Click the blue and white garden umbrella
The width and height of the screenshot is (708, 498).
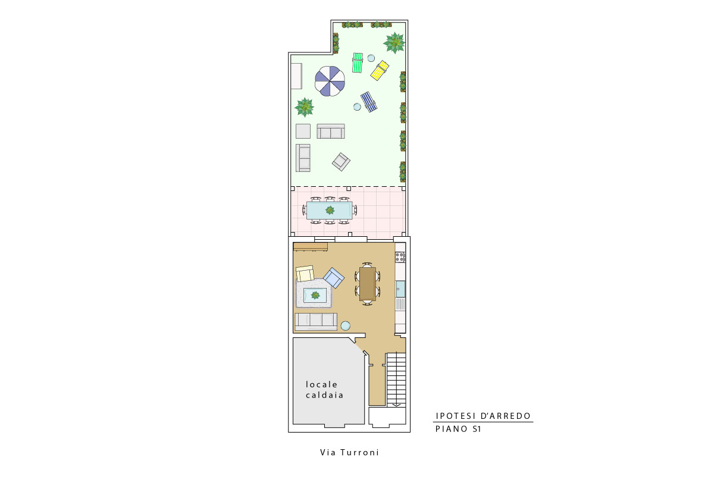tap(330, 82)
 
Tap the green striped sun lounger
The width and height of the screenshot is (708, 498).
tap(358, 62)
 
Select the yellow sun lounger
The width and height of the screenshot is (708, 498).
tap(380, 71)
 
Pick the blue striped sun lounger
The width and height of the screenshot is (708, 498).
tap(369, 102)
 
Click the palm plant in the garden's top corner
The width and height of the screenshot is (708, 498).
tap(394, 43)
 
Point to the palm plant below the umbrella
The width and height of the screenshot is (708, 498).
tap(305, 108)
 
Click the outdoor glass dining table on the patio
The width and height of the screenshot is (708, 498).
tap(330, 211)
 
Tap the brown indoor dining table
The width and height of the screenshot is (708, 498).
tap(368, 284)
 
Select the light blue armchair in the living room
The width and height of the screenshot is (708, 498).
tap(334, 278)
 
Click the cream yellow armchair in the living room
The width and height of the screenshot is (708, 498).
tap(305, 274)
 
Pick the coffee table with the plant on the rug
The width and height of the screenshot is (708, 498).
tap(315, 295)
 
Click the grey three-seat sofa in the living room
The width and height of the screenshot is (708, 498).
tap(315, 321)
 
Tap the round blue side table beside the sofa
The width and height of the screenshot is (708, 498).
tap(346, 325)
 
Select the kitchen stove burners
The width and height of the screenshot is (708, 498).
tap(400, 258)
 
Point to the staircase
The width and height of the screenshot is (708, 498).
tap(396, 379)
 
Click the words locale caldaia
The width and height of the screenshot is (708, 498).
tap(324, 390)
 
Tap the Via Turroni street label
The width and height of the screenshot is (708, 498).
tap(349, 452)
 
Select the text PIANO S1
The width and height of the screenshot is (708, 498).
tap(458, 429)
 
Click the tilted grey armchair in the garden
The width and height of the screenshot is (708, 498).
tap(341, 162)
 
